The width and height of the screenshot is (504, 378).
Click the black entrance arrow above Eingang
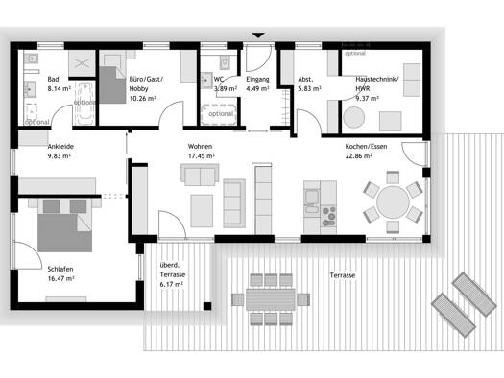tap(258, 35)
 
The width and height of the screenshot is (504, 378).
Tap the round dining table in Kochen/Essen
tap(393, 202)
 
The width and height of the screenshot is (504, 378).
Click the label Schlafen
tap(60, 270)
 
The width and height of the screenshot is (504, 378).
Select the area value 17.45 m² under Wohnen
tap(202, 156)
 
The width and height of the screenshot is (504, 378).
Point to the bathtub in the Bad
tap(84, 104)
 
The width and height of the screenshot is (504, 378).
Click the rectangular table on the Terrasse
tap(271, 299)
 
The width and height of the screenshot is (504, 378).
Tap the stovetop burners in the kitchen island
tap(328, 216)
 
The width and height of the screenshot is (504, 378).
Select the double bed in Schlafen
tap(64, 225)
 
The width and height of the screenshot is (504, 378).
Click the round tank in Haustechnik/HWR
tap(353, 118)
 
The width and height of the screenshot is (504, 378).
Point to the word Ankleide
tap(60, 147)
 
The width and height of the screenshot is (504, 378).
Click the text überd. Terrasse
tap(173, 271)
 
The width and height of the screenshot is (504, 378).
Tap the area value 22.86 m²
tap(359, 156)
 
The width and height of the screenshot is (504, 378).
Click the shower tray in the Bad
tap(82, 63)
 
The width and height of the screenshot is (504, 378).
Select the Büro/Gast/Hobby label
tap(146, 83)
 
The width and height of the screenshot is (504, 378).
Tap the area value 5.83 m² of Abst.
tap(309, 88)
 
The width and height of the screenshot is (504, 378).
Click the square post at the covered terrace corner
tap(207, 306)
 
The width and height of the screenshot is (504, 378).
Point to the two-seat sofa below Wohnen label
tap(200, 175)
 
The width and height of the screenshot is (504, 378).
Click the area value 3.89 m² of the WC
tap(226, 88)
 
